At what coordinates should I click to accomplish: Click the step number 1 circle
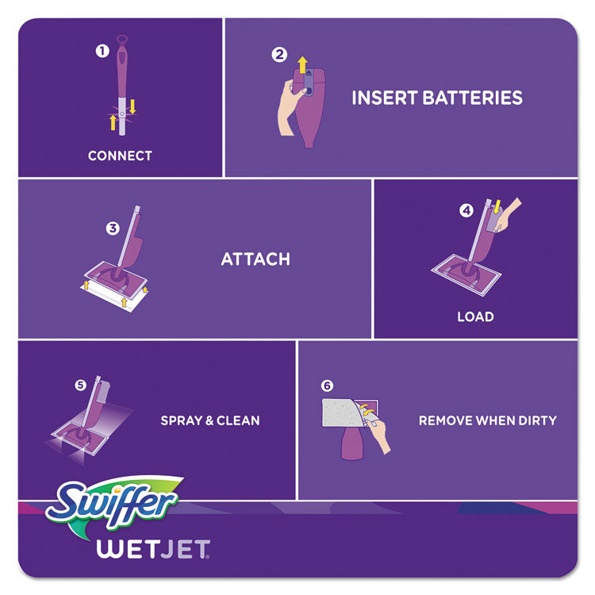point(101,51)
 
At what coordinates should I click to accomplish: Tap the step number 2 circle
point(278,55)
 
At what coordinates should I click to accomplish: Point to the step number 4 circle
point(466,211)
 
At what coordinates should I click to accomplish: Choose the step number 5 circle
point(79,386)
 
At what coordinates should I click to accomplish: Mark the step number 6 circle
point(328,386)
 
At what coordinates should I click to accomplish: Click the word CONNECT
point(120,155)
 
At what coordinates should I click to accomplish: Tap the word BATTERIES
point(477,98)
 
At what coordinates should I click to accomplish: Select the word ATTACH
point(255,259)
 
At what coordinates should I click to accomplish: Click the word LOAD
point(475,317)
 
